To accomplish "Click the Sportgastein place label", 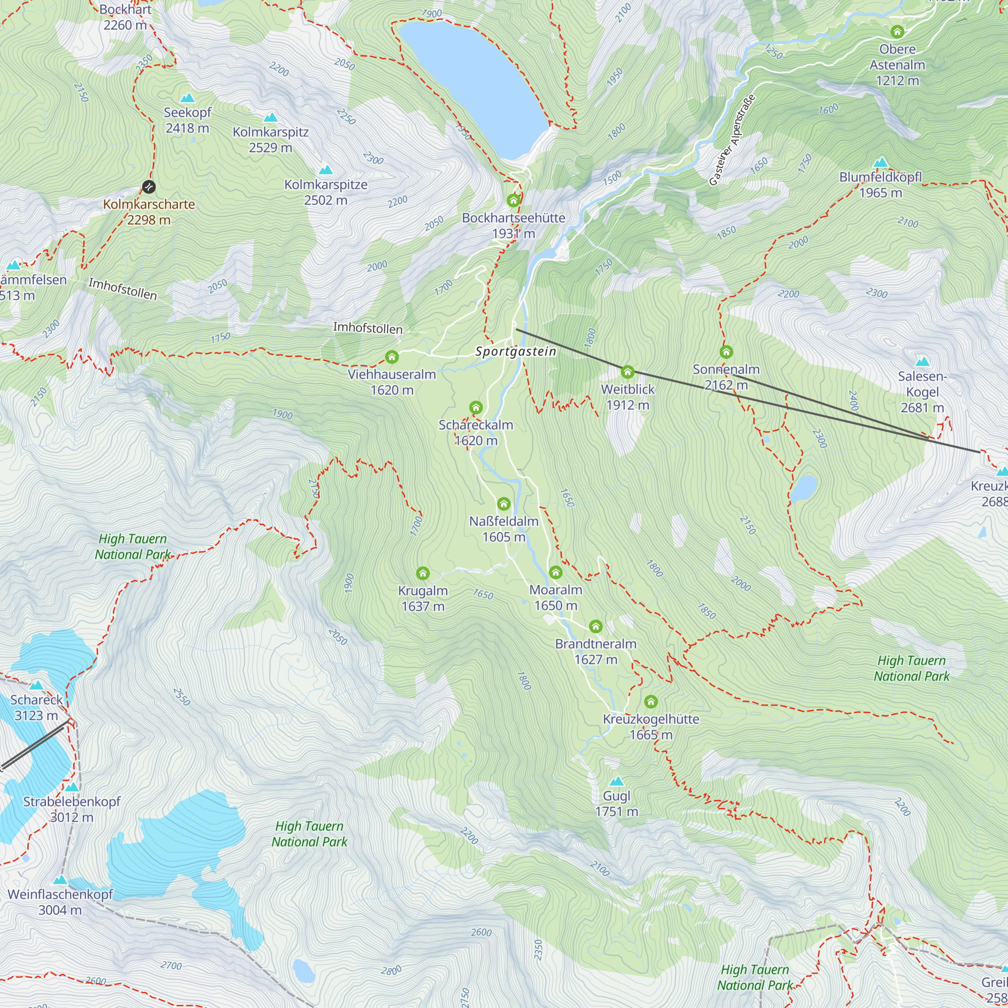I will [516, 352].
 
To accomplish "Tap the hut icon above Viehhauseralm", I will [392, 357].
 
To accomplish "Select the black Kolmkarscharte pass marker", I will [149, 186].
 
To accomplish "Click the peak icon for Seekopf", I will [187, 98].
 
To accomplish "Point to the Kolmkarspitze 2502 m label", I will [326, 192].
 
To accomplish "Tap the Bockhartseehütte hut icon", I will [514, 201].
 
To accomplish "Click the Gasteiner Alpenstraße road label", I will [732, 140].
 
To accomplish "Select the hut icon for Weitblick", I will [627, 371].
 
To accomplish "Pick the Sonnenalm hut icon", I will [726, 352].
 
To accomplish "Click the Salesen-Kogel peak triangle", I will [922, 361].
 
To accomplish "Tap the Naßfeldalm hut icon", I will [503, 503].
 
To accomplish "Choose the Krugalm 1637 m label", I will [423, 598].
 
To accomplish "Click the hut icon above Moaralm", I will [555, 573].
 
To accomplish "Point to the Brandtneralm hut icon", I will [595, 626].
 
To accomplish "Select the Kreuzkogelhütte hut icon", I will [651, 701].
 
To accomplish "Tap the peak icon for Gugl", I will [617, 781].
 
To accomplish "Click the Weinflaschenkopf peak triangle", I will [60, 879].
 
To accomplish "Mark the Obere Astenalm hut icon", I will [897, 32].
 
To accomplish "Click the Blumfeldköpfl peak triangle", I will [880, 162].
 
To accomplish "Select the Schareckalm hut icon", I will [475, 407].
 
